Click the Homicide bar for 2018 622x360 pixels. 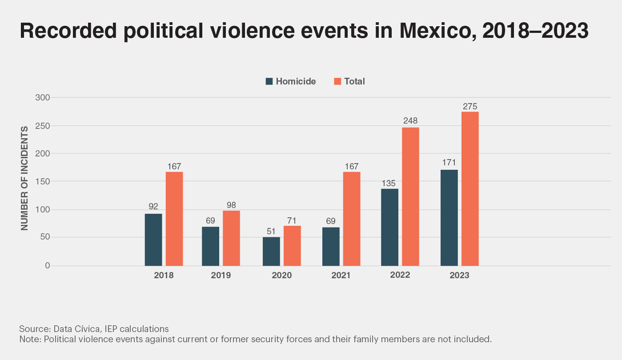pos(153,240)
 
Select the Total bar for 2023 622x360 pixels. pos(470,189)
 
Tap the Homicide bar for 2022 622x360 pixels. pos(390,227)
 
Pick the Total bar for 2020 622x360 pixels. pos(292,246)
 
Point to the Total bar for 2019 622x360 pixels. pos(231,238)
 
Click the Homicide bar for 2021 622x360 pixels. pos(331,247)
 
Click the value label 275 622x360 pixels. pos(470,107)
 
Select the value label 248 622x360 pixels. pos(410,121)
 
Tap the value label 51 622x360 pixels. pos(271,232)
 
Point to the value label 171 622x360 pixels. pos(449,163)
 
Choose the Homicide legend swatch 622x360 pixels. pos(269,81)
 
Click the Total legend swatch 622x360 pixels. pos(337,81)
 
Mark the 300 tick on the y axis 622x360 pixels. pos(43,97)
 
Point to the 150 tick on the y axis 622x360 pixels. pos(43,181)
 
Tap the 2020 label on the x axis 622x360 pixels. pos(282,276)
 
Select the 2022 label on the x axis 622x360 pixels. pos(400,275)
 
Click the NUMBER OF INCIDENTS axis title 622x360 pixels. pos(24,178)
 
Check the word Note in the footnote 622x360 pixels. pos(29,340)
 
